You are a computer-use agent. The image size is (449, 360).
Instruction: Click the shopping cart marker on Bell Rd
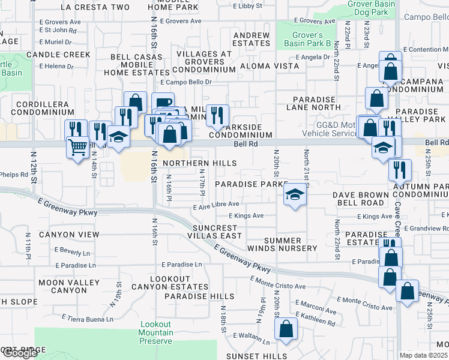pyautogui.click(x=77, y=146)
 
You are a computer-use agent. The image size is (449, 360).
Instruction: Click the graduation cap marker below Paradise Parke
pyautogui.click(x=294, y=194)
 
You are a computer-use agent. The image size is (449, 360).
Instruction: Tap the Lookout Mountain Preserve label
pyautogui.click(x=156, y=332)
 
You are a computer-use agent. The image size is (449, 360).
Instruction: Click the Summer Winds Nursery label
pyautogui.click(x=282, y=244)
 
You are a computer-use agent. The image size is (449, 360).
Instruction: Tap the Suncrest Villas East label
pyautogui.click(x=217, y=232)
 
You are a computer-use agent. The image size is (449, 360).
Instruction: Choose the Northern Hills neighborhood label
pyautogui.click(x=199, y=163)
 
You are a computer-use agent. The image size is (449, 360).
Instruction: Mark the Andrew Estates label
pyautogui.click(x=251, y=39)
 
